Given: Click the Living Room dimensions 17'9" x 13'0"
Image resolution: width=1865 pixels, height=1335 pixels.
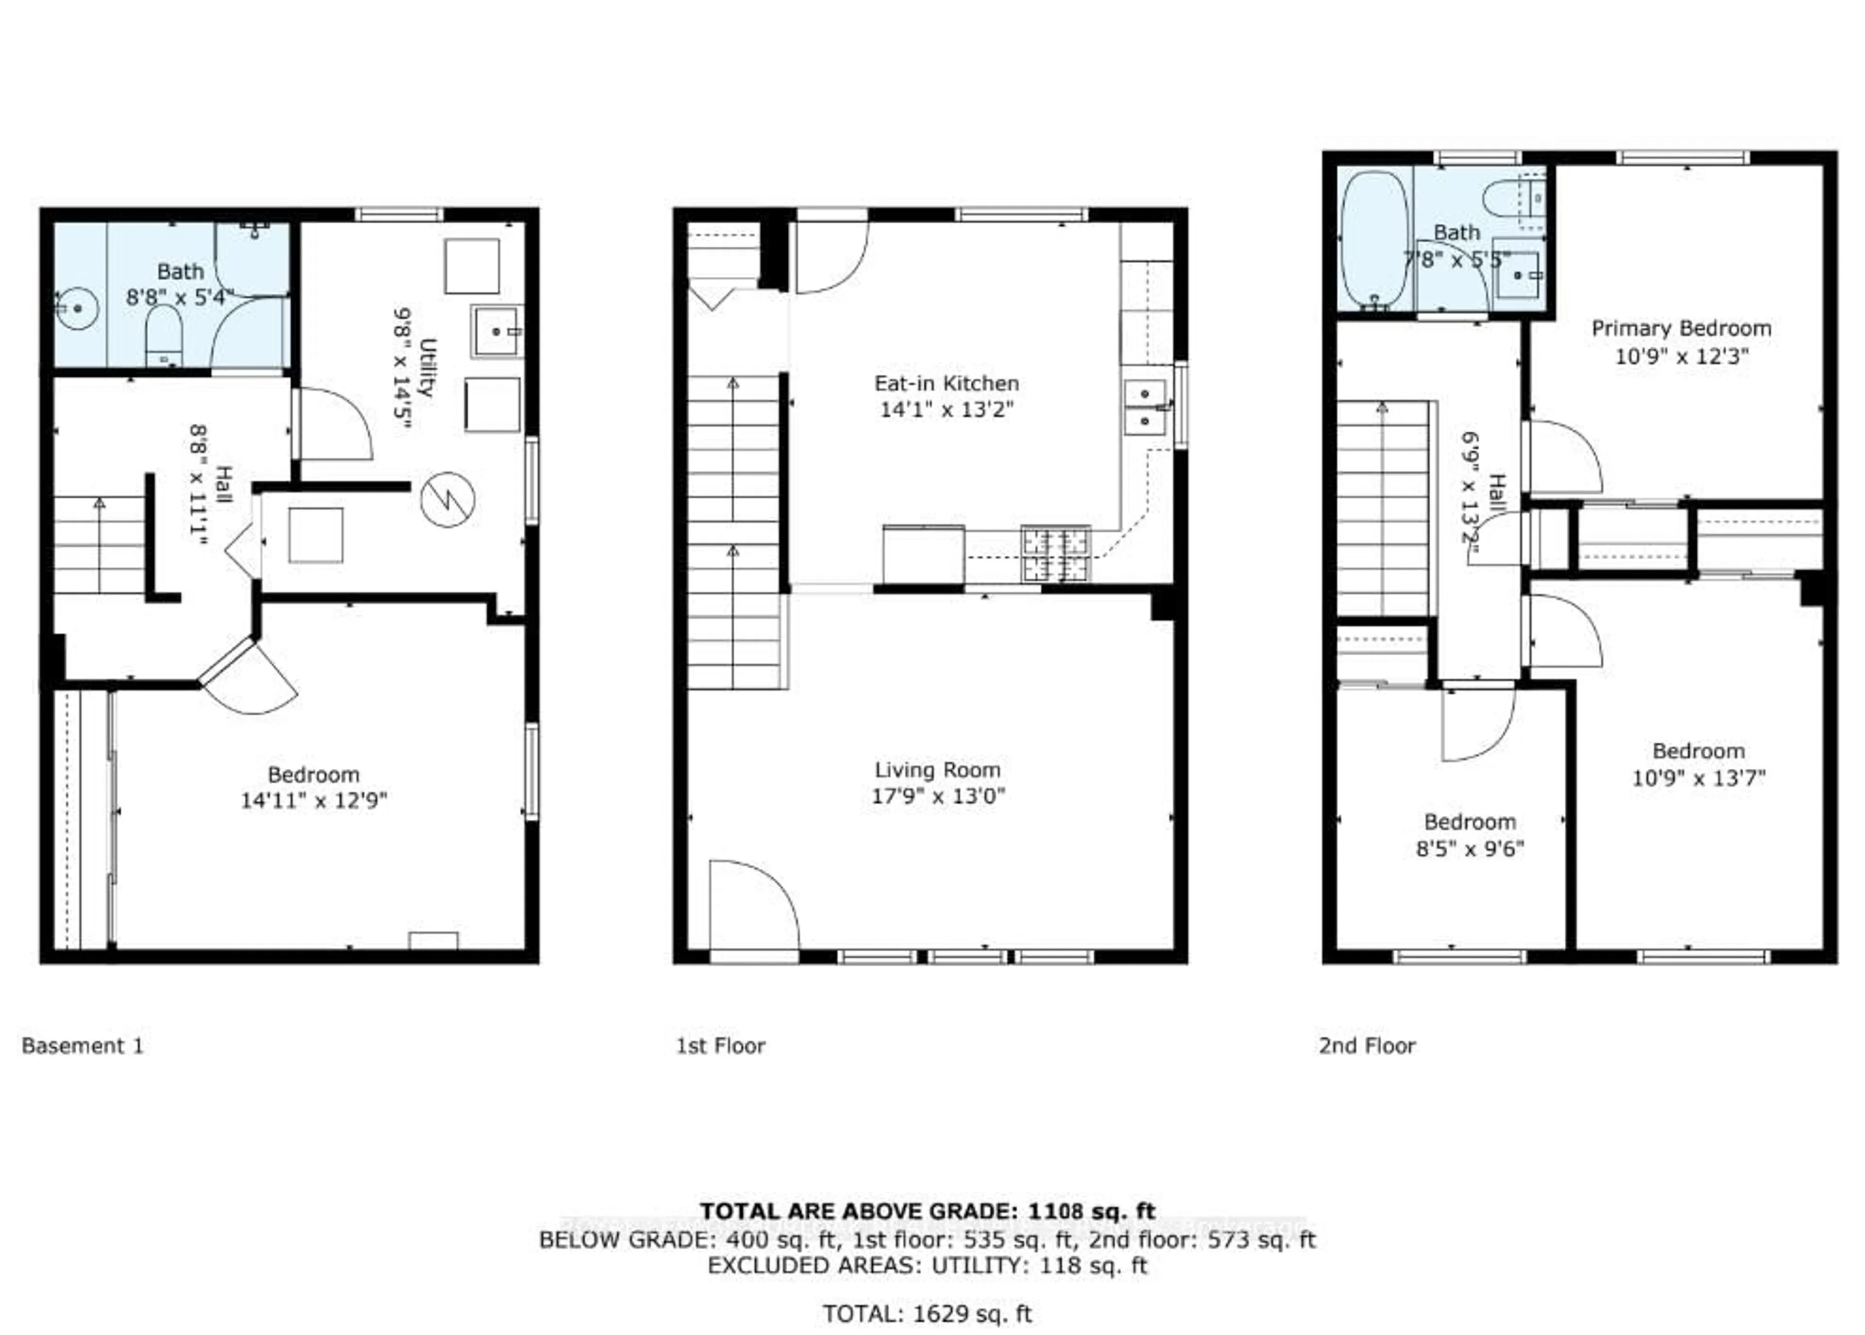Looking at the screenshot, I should coord(938,796).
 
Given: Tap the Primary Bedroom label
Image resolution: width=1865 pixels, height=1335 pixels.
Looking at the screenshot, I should coord(1681,329).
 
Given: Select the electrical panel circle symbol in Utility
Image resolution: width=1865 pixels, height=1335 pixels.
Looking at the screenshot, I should coord(447,500).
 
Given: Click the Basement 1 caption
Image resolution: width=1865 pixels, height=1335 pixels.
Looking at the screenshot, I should coord(82,1046).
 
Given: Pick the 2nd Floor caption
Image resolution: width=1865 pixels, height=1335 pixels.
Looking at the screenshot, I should coord(1367,1046).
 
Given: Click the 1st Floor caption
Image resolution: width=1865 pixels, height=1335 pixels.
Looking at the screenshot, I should coord(720,1046).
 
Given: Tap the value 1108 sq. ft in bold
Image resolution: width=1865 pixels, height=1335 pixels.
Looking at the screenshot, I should coord(1087,1211).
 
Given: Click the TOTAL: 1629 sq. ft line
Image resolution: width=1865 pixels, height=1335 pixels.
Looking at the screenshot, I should coord(927,1314).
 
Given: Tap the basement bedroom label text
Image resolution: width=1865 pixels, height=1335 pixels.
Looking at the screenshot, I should coord(313,775).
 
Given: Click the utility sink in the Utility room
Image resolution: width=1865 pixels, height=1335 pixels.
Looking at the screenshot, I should coord(496,331).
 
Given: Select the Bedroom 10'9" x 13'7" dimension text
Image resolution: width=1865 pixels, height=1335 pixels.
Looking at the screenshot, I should coord(1698,777).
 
